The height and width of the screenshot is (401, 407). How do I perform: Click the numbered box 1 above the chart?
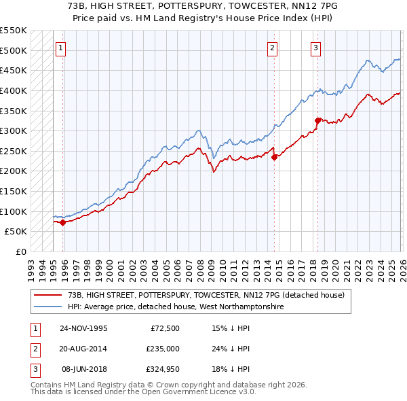coord(61,48)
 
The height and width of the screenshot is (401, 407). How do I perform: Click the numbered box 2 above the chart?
coord(272,48)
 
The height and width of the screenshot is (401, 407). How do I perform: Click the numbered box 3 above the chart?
coord(316,48)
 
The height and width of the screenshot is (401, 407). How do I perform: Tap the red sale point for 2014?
coord(275,157)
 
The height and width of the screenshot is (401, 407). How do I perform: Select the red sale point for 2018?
coord(317,121)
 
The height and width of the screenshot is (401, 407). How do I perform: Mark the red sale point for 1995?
coord(63,222)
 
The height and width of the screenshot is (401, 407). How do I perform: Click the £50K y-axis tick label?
coord(16,231)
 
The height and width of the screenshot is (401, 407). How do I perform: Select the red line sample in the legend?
coord(47,295)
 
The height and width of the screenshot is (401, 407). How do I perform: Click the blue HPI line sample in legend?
coord(47,307)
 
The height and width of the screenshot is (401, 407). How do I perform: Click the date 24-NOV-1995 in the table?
coord(83,328)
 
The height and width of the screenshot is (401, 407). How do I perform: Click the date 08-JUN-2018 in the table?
coord(83,369)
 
